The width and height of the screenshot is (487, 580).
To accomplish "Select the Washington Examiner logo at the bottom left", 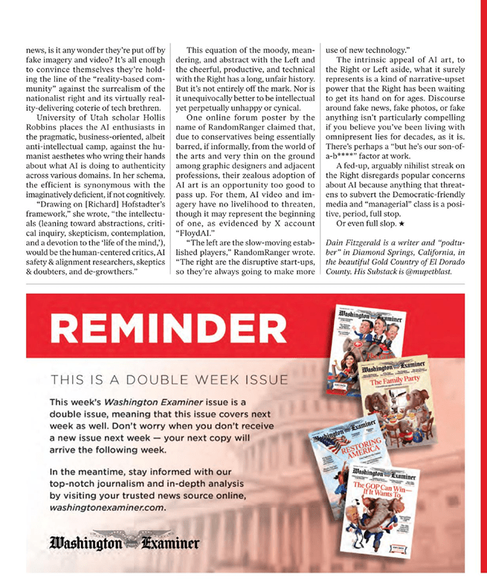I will (x=126, y=543).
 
